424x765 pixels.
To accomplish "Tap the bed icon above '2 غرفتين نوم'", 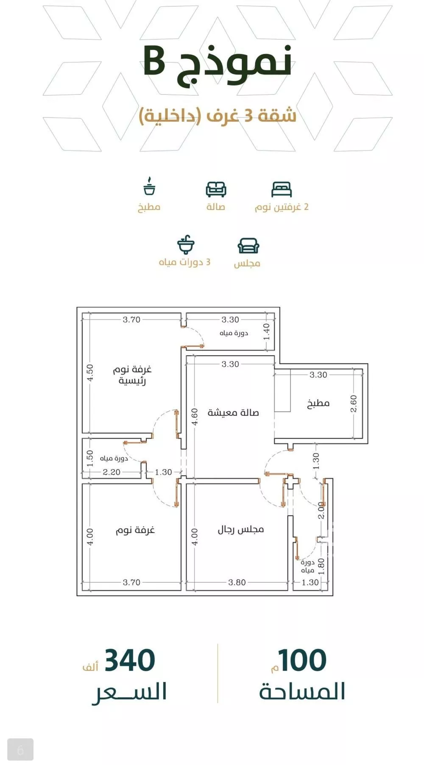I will point(282,189).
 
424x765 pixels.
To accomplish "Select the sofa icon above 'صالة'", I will point(216,189).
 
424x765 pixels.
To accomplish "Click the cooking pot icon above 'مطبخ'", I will point(149,186).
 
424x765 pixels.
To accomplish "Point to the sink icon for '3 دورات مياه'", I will point(185,244).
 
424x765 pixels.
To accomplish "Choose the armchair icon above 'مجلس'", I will point(248,245).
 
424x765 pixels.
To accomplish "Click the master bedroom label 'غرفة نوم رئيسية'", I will point(132,375).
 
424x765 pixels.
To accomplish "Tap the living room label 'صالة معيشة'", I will point(233,412).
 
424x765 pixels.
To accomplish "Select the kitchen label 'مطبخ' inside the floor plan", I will point(318,403).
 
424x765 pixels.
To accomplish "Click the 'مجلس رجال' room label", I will point(241,529).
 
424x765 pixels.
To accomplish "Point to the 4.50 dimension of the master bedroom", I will point(90,373).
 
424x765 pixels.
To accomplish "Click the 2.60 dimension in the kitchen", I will point(354,403).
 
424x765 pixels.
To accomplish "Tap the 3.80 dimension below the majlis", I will point(237,582).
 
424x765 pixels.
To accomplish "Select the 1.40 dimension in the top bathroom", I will point(266,331).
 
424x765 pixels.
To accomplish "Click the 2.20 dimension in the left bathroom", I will point(112,472).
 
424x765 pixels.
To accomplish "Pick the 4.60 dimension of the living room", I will point(194,417).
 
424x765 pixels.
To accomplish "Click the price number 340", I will point(130,660).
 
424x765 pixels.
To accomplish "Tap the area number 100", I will point(302,660).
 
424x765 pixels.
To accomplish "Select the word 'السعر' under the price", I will point(129,692).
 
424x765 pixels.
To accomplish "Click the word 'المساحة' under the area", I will point(302,692).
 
